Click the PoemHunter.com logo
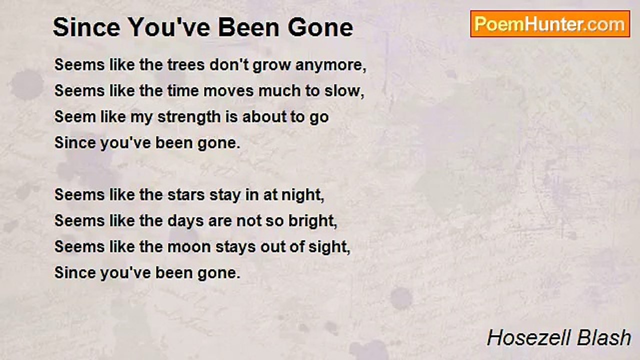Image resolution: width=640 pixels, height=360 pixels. click(x=550, y=24)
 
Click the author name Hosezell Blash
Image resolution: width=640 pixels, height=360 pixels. click(x=559, y=338)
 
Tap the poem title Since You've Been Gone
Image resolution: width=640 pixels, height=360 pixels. click(x=203, y=27)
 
